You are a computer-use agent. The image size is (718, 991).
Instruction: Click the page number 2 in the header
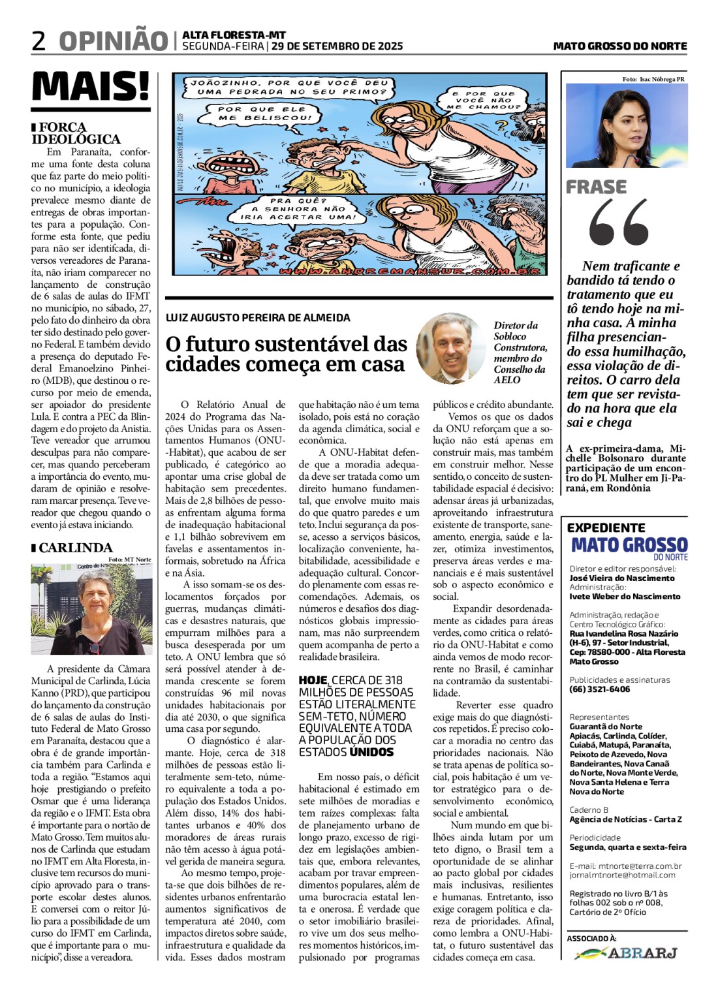point(39,41)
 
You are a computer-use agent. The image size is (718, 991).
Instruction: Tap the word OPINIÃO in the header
point(113,41)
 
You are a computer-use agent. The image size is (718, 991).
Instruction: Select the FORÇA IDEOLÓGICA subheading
point(76,133)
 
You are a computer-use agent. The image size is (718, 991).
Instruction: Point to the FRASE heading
point(596,187)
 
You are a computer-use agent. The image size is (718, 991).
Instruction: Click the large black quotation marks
point(618,223)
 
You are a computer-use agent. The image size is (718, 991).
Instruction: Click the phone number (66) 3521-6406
point(599,689)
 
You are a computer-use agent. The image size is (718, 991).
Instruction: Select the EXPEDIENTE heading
point(606,527)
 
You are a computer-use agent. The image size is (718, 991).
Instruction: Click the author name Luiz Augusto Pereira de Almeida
point(258,318)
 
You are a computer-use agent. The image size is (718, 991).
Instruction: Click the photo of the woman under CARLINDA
point(91,609)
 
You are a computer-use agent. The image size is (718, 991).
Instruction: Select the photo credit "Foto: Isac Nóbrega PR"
point(653,79)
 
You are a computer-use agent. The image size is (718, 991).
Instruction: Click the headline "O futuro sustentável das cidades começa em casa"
point(286,354)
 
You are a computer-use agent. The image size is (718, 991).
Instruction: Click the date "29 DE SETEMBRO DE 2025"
point(337,46)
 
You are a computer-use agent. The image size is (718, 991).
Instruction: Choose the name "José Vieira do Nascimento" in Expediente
point(622,578)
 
